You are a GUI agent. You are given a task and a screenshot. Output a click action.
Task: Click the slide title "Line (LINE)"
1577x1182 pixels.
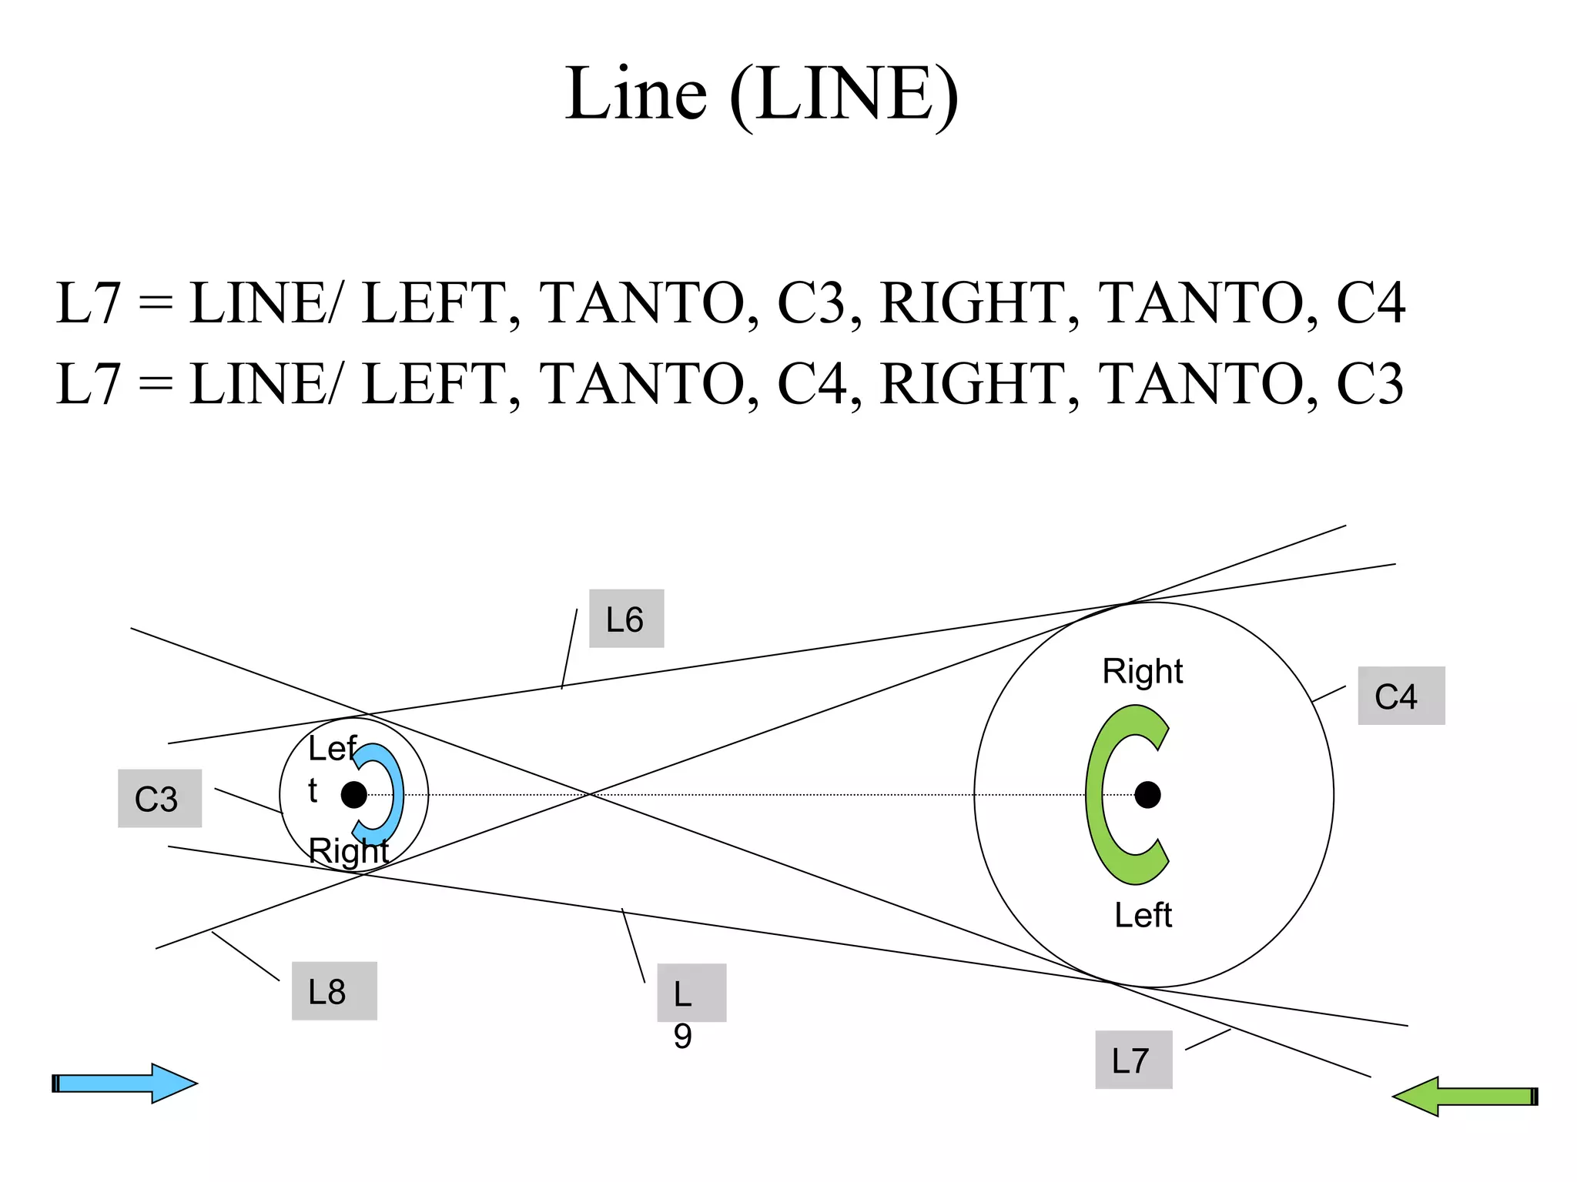pyautogui.click(x=762, y=94)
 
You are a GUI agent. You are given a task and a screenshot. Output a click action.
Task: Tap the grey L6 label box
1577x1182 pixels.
pyautogui.click(x=626, y=619)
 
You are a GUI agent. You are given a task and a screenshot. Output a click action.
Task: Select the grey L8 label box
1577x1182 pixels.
pyautogui.click(x=334, y=991)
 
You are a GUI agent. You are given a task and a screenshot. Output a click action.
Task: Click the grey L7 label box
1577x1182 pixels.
pyautogui.click(x=1133, y=1060)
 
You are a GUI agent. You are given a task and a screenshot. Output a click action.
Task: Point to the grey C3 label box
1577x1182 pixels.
pyautogui.click(x=159, y=799)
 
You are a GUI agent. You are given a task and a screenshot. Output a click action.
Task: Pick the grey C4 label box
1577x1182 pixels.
pyautogui.click(x=1401, y=696)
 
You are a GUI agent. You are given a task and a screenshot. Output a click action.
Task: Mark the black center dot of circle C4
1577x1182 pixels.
pyautogui.click(x=1147, y=795)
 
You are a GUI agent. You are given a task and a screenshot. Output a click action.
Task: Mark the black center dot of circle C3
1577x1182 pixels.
pyautogui.click(x=354, y=795)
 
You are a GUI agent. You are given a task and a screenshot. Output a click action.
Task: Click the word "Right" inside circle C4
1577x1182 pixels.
pyautogui.click(x=1142, y=671)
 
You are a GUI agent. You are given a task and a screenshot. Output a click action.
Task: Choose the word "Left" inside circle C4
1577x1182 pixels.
pyautogui.click(x=1143, y=915)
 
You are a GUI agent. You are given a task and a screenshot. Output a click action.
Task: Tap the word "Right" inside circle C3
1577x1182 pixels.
pyautogui.click(x=348, y=851)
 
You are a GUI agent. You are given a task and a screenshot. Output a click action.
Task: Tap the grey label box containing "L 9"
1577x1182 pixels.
pyautogui.click(x=691, y=993)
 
